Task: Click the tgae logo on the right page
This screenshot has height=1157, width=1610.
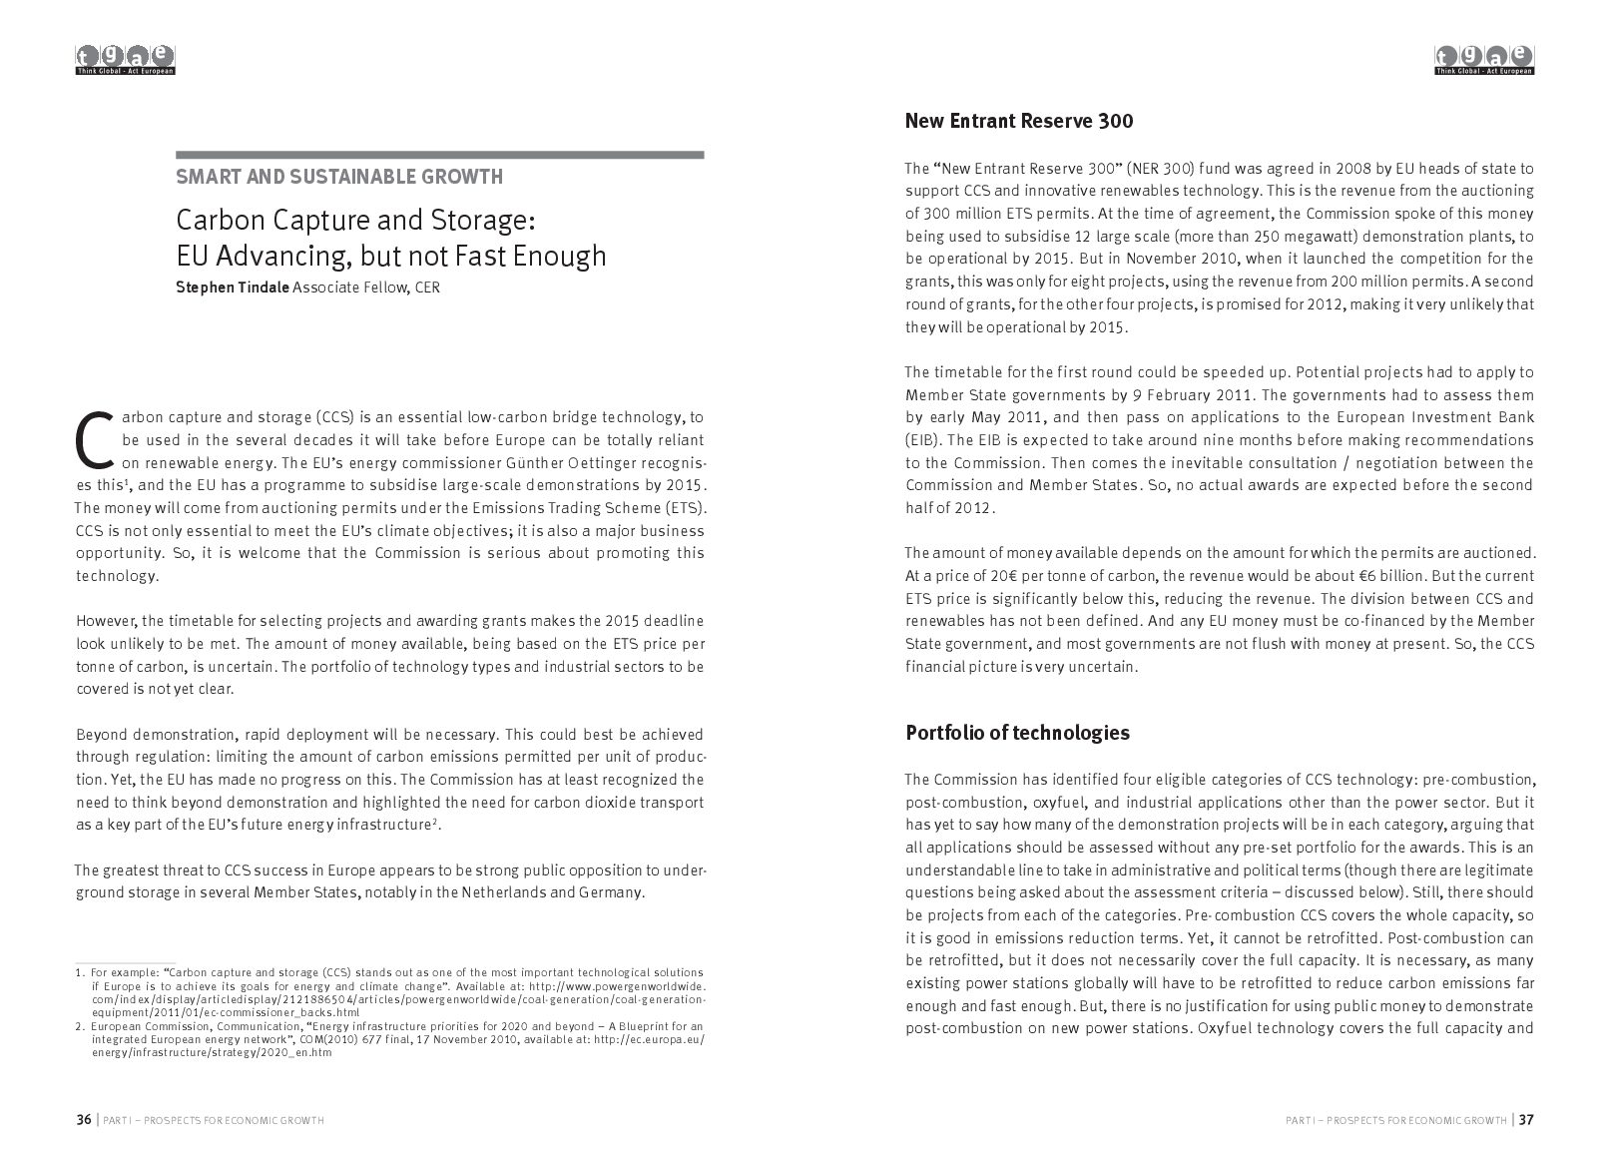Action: (1484, 61)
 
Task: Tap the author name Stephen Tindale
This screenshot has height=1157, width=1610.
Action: (233, 288)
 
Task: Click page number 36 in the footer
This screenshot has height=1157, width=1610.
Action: (84, 1120)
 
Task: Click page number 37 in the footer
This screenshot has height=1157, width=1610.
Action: (1526, 1120)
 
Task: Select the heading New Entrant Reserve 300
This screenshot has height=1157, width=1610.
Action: (1019, 122)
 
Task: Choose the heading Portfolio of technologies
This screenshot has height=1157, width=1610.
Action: (1017, 733)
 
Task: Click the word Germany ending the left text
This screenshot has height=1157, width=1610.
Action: (610, 891)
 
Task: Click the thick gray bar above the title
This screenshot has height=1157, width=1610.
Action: (440, 155)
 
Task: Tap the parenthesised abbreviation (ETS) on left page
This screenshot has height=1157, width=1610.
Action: (686, 508)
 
